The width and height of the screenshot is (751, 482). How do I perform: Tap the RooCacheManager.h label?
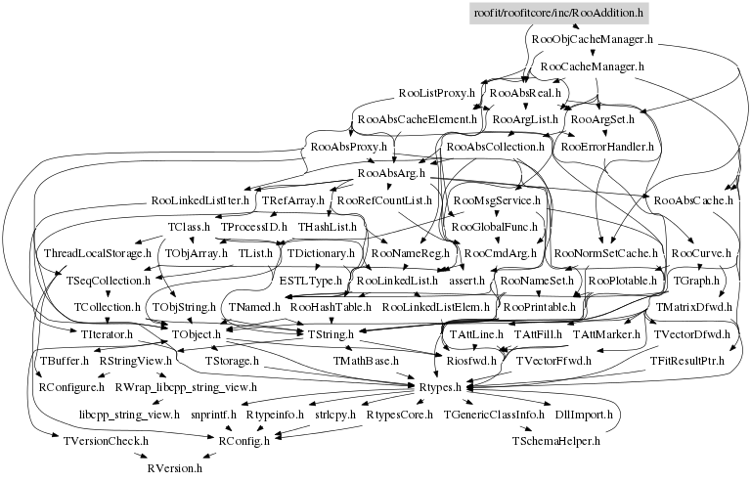coord(592,66)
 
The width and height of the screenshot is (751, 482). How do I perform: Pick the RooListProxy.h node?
coord(436,93)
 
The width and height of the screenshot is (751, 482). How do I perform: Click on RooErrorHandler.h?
coord(603,147)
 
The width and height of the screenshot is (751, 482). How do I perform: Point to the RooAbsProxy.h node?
coord(343,147)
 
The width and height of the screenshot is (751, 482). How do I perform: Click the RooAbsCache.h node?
coord(693,200)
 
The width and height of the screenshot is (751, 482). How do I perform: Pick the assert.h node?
coord(467,281)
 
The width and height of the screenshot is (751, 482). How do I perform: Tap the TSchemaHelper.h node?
coord(554,441)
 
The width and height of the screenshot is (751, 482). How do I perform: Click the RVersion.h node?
coord(174,468)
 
